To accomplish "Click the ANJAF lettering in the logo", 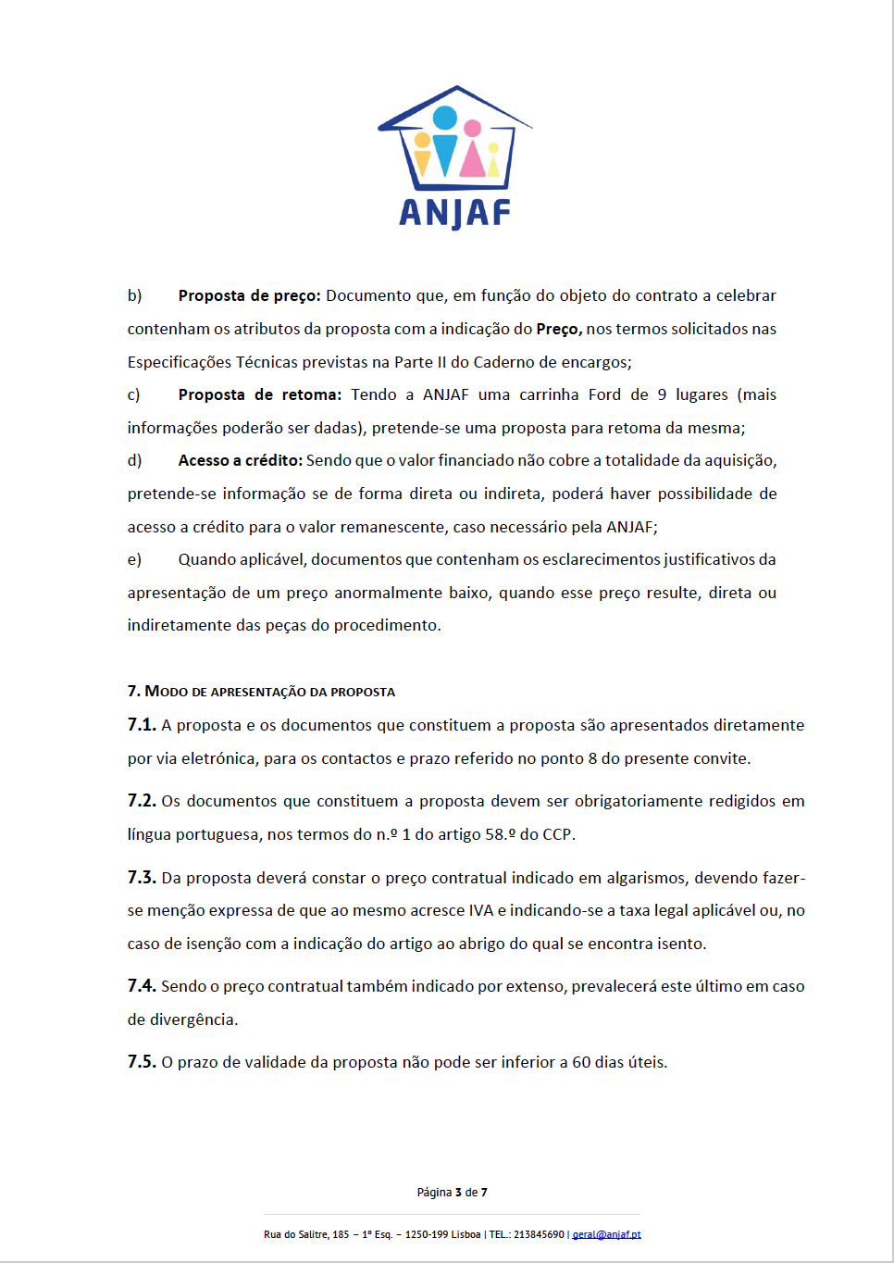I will coord(454,213).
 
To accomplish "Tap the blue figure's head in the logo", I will coord(445,118).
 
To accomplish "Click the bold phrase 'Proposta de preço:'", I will coord(249,295).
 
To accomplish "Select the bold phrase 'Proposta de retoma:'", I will coord(259,394).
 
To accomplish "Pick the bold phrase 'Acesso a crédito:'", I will coord(240,460).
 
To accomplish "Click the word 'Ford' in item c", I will coord(604,394).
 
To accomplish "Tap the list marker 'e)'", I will coord(135,559).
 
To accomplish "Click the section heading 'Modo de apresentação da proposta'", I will coord(261,692).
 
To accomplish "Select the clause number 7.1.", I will coord(142,725).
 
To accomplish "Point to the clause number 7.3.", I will coord(142,878).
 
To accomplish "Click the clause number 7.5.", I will coord(142,1062).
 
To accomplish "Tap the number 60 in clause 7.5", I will coord(581,1062).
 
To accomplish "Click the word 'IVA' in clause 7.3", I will coord(481,910).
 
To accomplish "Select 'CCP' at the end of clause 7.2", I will coord(556,834).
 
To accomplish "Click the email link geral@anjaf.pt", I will coord(606,1234).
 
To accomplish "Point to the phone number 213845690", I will coord(539,1234).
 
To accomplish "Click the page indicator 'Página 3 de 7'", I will coord(452,1193).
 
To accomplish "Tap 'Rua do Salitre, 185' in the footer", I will coord(306,1234).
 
